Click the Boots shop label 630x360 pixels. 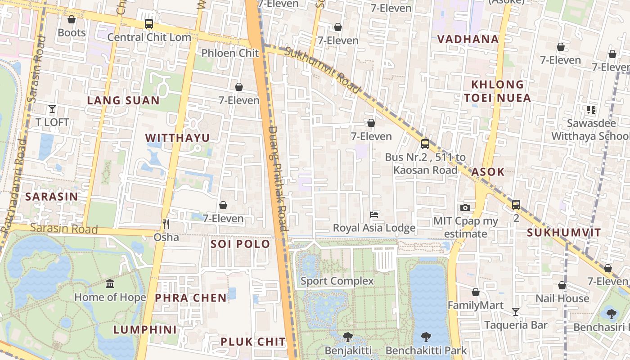coord(72,32)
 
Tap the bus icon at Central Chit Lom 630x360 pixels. coord(148,24)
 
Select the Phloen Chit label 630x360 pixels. coord(230,53)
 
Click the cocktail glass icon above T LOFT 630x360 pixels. coord(52,109)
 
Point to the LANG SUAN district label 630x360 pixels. coord(123,100)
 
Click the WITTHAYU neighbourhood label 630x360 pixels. coord(177,138)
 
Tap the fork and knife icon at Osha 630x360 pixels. coord(166,224)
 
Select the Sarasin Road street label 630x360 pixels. coord(64,228)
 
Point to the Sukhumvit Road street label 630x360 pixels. coord(323,71)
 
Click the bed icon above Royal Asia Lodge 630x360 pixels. coord(374,215)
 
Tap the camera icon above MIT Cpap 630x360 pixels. coord(465,207)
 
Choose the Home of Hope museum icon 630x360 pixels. coord(110,284)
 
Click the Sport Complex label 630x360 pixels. coord(337,281)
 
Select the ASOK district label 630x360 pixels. coord(488,171)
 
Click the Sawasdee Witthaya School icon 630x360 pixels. coord(591,109)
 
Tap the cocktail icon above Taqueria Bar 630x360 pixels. coord(516,311)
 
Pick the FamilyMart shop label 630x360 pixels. coord(475,306)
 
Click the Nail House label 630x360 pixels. coord(562,298)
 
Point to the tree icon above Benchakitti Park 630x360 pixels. coord(426,337)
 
